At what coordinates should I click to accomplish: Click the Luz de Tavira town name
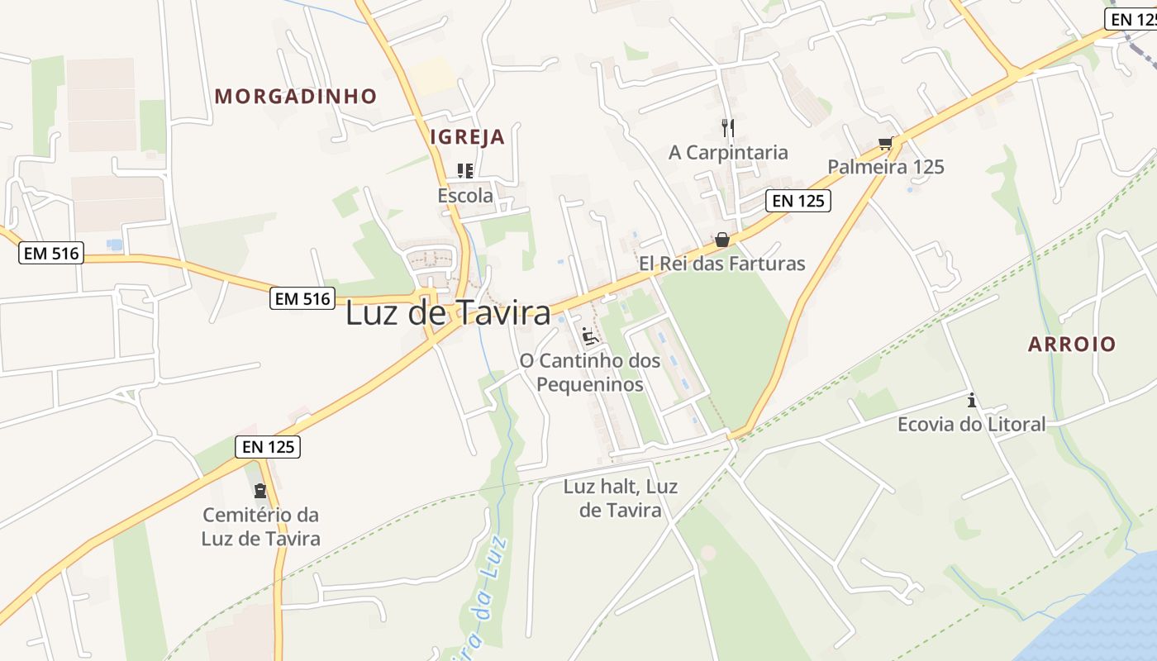click(447, 313)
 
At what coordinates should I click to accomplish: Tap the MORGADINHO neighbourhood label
click(295, 96)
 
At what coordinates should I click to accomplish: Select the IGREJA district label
click(467, 137)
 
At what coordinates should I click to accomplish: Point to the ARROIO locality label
click(1072, 344)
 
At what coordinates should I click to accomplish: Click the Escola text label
click(465, 196)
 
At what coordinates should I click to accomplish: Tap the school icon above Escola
click(465, 171)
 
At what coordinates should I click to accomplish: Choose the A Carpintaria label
click(728, 152)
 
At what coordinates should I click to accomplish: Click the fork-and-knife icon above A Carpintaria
click(728, 127)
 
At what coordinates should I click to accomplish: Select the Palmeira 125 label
click(886, 167)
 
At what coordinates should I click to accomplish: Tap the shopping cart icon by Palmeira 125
click(887, 143)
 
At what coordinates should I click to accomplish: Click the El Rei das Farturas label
click(721, 264)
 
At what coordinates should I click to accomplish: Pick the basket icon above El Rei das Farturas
click(722, 240)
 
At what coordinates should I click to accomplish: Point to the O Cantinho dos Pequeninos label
click(590, 372)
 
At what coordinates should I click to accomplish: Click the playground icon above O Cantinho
click(590, 335)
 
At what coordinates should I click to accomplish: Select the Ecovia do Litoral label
click(972, 425)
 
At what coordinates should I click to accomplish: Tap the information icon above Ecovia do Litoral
click(972, 401)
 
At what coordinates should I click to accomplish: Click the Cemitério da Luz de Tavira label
click(261, 526)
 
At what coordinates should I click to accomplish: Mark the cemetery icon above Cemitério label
click(261, 491)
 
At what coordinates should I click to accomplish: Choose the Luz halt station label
click(621, 498)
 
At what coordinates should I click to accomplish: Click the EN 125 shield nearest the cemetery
click(268, 447)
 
